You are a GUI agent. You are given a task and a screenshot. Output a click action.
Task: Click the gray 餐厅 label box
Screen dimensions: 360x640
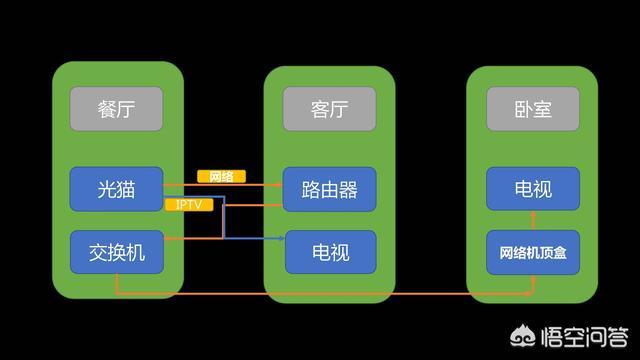pyautogui.click(x=116, y=107)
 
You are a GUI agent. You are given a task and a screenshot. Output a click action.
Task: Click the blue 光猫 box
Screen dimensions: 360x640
pyautogui.click(x=116, y=188)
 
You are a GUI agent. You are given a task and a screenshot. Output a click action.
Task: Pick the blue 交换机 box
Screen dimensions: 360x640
pyautogui.click(x=116, y=252)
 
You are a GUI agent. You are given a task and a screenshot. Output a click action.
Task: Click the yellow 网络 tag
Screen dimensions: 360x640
pyautogui.click(x=221, y=177)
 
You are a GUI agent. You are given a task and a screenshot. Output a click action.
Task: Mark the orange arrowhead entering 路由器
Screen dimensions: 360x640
pyautogui.click(x=280, y=184)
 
